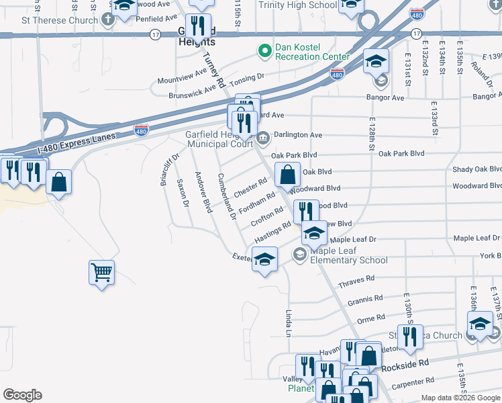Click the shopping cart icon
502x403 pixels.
(101, 273)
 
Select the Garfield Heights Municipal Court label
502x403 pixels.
(218, 139)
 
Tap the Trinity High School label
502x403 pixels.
(297, 5)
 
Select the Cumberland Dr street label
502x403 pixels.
(227, 195)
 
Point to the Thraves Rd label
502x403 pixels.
(356, 277)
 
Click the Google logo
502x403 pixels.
(22, 395)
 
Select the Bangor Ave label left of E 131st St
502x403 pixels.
(385, 97)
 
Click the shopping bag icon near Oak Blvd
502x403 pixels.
(287, 175)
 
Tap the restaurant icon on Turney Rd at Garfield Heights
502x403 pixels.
(199, 26)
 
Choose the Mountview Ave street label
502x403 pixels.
(182, 77)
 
